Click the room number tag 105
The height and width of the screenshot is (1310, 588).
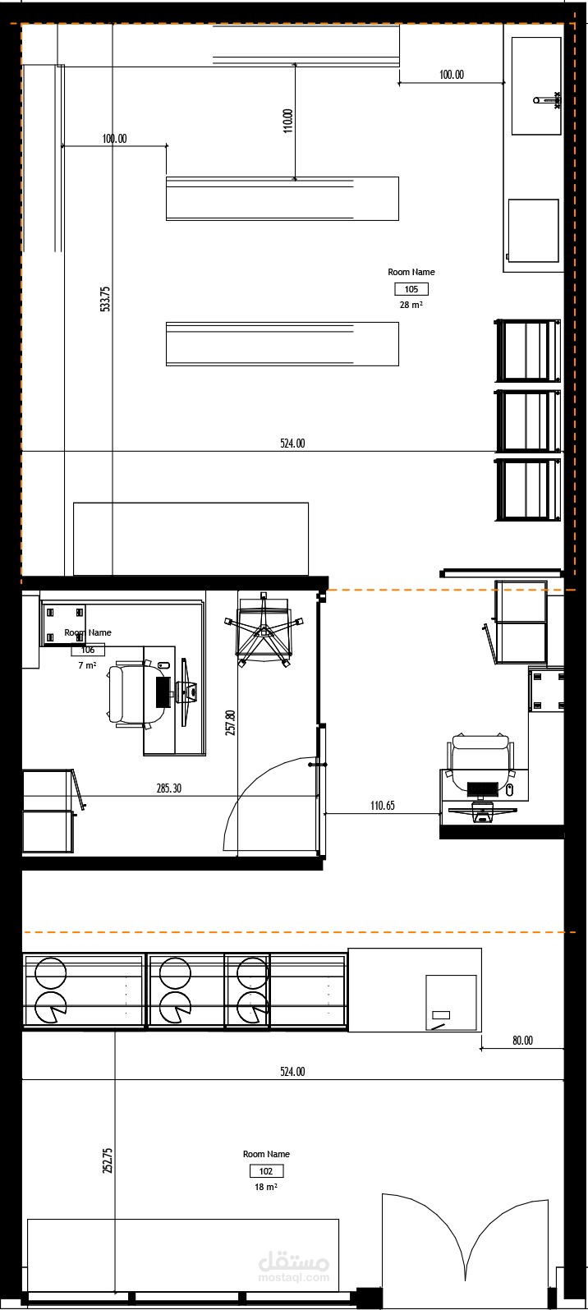(x=411, y=289)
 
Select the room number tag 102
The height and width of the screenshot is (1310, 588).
(x=266, y=1171)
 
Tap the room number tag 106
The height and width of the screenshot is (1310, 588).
(x=88, y=650)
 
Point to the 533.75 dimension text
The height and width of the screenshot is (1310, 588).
(x=105, y=299)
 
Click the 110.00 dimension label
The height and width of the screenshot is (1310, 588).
(x=287, y=121)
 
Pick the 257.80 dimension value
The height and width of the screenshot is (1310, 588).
(x=230, y=722)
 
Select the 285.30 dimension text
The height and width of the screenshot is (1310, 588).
(x=169, y=788)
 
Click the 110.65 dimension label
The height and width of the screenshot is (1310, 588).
(x=382, y=805)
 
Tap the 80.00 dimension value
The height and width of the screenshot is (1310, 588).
(x=522, y=1041)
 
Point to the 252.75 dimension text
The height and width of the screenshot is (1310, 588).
(x=108, y=1161)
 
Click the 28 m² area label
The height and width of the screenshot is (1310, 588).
(x=411, y=305)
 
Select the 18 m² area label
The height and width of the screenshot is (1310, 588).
(x=266, y=1187)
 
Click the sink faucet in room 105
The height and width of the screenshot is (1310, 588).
(x=547, y=100)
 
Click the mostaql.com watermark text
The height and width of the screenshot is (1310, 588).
(x=293, y=1279)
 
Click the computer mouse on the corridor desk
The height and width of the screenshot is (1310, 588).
(x=510, y=789)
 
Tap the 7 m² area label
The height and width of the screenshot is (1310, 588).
(x=87, y=665)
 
